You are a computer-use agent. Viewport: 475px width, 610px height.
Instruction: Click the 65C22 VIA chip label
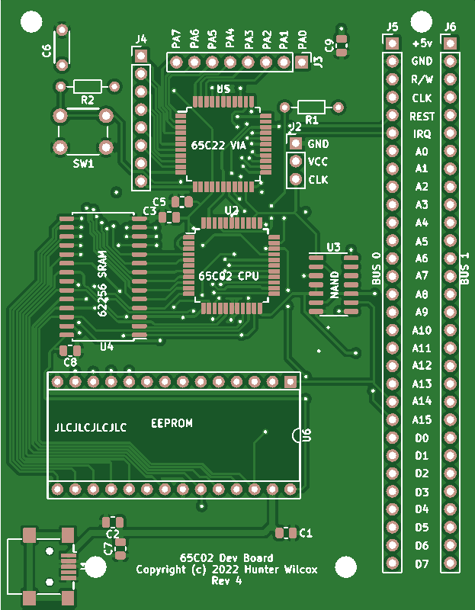click(x=219, y=145)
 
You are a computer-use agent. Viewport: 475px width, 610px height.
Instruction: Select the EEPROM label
click(x=172, y=423)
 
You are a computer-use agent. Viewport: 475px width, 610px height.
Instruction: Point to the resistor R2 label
click(x=87, y=100)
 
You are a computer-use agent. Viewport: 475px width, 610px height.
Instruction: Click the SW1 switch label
click(x=83, y=163)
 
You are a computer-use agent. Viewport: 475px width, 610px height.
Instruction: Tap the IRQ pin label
click(x=422, y=133)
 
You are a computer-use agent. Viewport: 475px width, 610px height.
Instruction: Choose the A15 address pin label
click(x=422, y=419)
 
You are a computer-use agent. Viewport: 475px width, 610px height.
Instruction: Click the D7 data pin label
click(x=422, y=564)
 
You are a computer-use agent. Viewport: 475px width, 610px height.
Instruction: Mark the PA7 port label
click(x=176, y=38)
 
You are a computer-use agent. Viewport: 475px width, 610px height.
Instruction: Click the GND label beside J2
click(x=318, y=143)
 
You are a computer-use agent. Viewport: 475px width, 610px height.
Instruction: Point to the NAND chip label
click(x=334, y=284)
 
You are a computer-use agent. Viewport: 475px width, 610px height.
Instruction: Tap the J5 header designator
click(x=392, y=27)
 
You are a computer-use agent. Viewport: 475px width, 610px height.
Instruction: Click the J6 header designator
click(x=450, y=27)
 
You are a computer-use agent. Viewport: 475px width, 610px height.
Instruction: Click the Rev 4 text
click(x=226, y=580)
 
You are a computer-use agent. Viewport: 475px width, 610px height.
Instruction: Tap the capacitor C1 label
click(x=306, y=532)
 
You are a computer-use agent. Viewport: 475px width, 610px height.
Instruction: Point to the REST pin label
click(x=422, y=116)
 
